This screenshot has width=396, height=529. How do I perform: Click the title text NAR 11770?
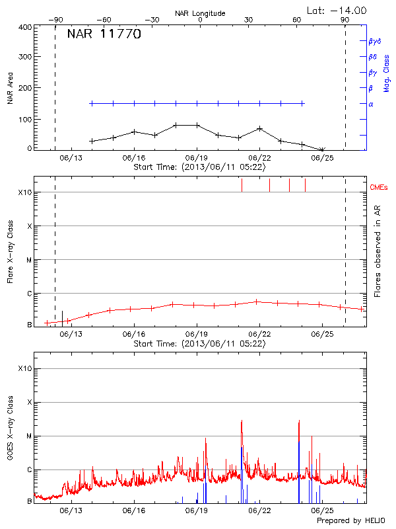point(104,35)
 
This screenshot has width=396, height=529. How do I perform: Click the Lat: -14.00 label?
point(338,10)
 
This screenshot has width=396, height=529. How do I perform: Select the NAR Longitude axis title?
point(200,13)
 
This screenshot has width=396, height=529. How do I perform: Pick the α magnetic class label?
point(371,104)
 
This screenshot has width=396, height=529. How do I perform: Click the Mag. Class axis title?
point(387,73)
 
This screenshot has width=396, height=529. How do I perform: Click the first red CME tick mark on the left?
point(242,184)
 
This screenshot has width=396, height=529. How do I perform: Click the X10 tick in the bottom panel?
point(24,368)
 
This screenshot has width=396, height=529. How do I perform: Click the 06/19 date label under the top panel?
point(197,159)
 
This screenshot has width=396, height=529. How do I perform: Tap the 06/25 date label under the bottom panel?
point(321,511)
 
